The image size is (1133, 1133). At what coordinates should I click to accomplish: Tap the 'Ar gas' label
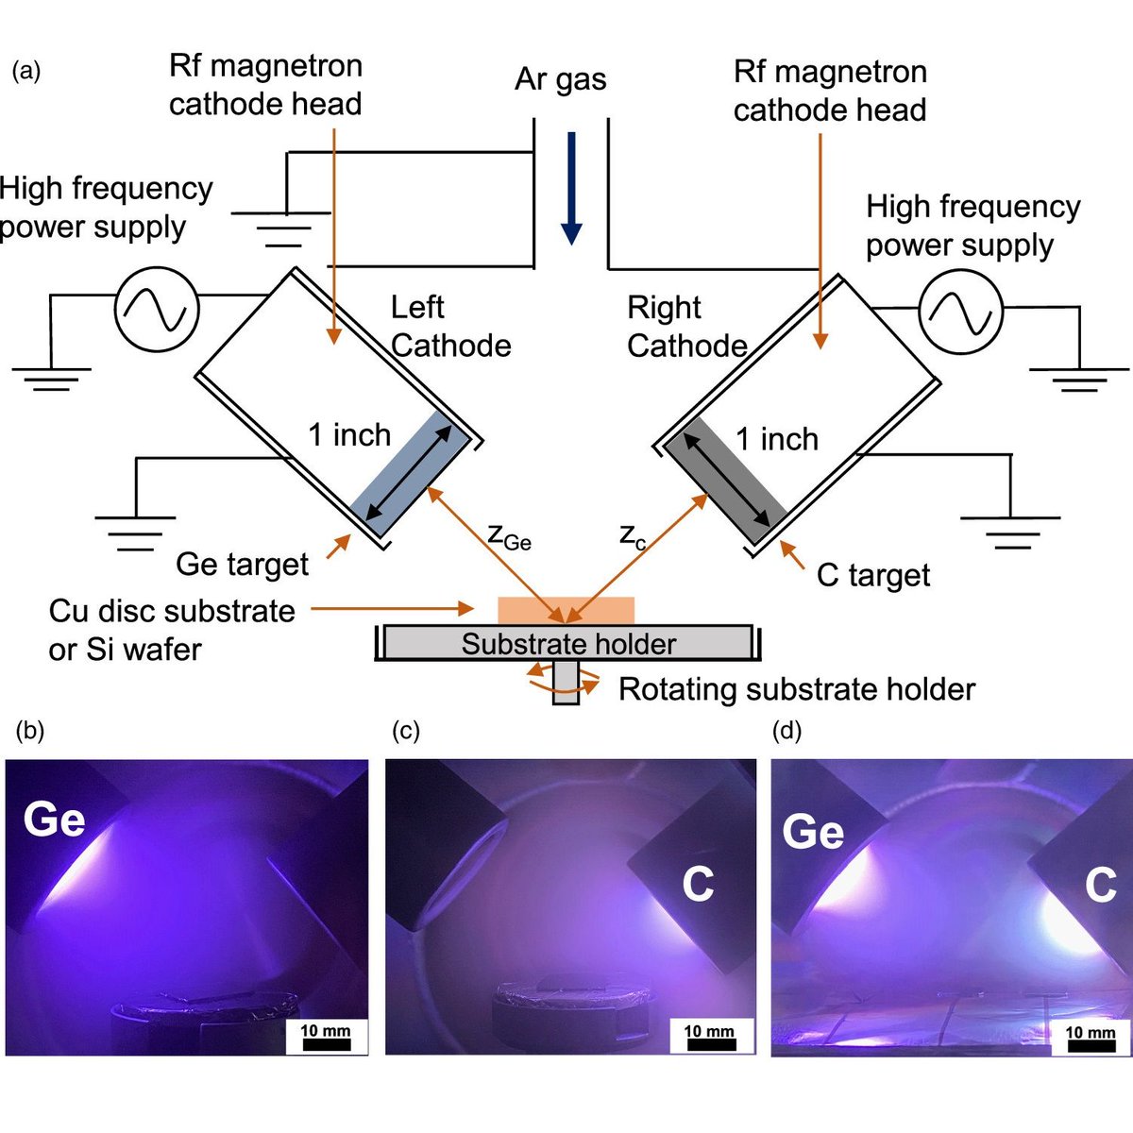560,79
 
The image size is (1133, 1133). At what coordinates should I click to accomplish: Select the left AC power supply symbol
157,310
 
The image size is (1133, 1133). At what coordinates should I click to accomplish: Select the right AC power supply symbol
960,311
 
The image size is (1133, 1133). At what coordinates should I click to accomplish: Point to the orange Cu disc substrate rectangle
566,610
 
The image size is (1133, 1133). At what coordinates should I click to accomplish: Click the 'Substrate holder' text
568,644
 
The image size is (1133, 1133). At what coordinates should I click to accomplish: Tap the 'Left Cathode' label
450,327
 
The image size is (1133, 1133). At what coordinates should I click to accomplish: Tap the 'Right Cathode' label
686,328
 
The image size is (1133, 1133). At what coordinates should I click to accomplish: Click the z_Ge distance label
509,536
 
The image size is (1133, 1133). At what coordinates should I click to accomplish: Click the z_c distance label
633,536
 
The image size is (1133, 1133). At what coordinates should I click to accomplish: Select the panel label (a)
25,72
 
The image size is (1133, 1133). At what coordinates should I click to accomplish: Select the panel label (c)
405,731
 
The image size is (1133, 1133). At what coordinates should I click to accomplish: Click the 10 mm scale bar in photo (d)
1091,1038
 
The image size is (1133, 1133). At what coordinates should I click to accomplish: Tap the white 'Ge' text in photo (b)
55,819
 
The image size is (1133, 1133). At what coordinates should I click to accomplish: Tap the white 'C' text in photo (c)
698,885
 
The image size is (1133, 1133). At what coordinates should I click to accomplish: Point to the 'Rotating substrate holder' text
796,689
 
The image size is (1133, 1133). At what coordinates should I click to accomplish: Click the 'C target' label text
872,575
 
